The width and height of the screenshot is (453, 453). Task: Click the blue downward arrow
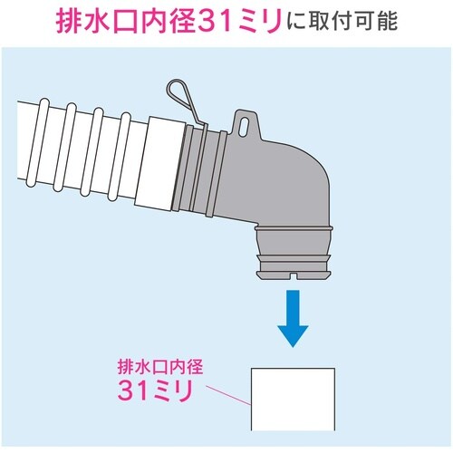click(292, 320)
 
